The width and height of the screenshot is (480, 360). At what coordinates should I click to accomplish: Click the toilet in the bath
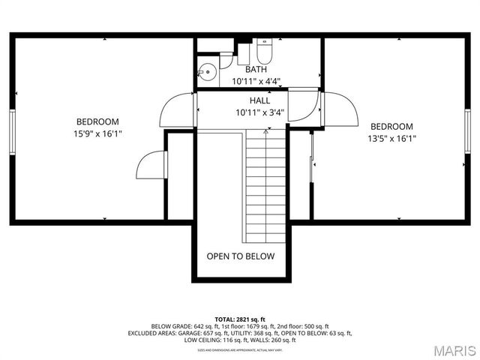(263, 52)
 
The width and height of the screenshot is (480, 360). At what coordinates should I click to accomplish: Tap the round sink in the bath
(207, 73)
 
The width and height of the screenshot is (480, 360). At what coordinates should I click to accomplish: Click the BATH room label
(256, 70)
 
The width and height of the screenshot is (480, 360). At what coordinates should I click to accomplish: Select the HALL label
(259, 100)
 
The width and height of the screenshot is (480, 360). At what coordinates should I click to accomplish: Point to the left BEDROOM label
(97, 121)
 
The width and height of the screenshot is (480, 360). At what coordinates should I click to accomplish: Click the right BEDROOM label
(391, 126)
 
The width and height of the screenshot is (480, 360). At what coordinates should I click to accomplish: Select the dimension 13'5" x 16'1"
(391, 138)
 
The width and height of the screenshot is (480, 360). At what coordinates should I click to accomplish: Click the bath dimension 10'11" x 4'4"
(256, 81)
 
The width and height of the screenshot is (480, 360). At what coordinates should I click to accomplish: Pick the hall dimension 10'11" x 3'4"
(259, 113)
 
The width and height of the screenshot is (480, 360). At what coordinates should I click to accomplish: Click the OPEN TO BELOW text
(241, 256)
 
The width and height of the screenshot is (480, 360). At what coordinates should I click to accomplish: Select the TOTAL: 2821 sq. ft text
(240, 319)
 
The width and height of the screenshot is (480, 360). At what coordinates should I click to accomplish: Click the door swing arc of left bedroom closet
(151, 165)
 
